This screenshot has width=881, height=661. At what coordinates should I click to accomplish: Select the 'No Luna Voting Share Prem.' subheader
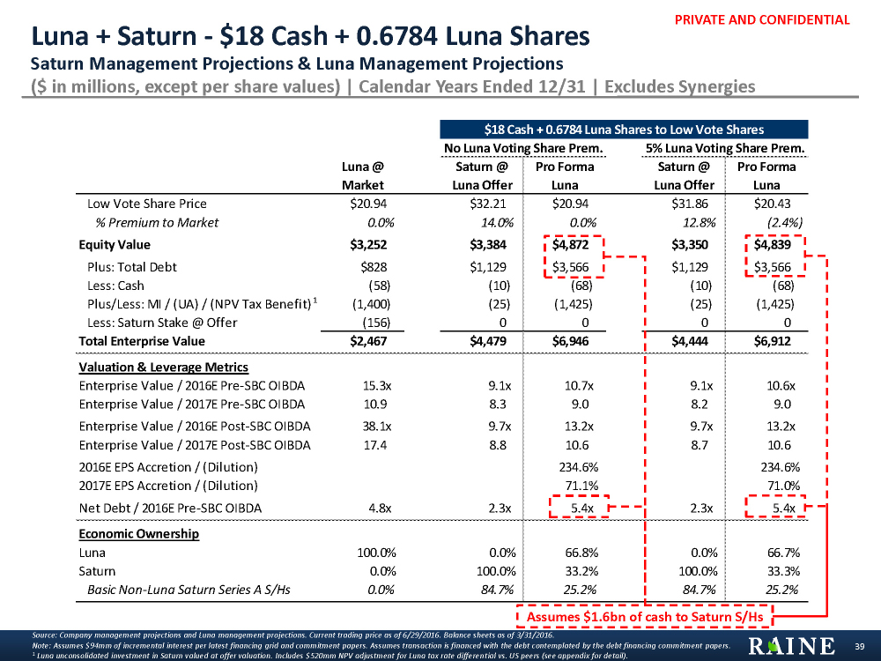click(x=523, y=147)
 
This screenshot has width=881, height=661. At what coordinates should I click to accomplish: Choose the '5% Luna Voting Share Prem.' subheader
click(x=726, y=147)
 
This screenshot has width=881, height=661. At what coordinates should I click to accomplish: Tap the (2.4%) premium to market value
click(x=782, y=222)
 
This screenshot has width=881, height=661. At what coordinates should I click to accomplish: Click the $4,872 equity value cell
click(x=574, y=245)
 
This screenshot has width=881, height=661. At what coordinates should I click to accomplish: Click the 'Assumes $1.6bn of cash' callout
click(x=644, y=616)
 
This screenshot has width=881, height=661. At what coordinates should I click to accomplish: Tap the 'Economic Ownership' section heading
click(x=138, y=534)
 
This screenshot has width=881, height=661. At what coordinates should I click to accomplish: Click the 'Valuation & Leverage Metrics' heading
click(x=163, y=367)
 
